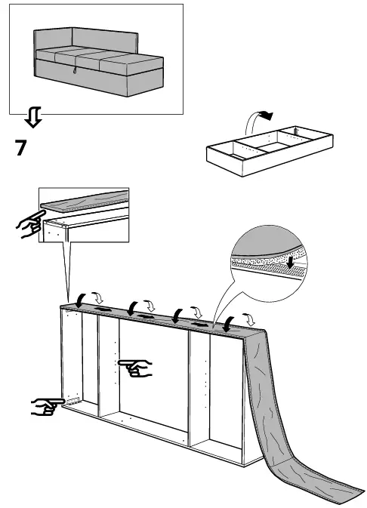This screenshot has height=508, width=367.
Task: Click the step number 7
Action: click(22, 148)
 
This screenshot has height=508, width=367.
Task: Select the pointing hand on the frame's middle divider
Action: click(136, 368)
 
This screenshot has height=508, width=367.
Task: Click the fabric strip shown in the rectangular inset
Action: click(83, 202)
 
